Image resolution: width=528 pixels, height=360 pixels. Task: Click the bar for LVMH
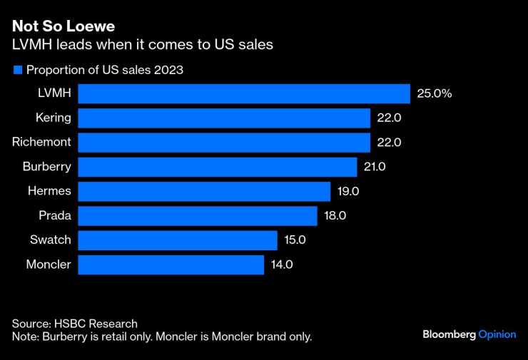[243, 93]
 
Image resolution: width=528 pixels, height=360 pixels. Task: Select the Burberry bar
[217, 167]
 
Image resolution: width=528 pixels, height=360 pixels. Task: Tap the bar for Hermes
[204, 191]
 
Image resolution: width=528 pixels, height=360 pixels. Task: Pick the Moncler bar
[171, 264]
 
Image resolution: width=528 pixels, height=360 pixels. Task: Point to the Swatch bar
[177, 240]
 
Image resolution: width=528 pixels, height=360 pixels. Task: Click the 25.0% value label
[435, 93]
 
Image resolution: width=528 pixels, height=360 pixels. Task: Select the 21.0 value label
[375, 167]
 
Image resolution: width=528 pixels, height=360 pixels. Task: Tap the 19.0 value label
[348, 191]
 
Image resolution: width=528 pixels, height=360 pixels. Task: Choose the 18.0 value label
[335, 215]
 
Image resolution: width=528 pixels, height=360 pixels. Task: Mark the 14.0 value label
[281, 264]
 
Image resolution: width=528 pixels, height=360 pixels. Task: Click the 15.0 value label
[295, 240]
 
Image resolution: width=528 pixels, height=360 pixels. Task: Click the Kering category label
[53, 118]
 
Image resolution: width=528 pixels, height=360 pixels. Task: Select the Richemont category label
[41, 142]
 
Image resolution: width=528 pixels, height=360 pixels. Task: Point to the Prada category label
[55, 215]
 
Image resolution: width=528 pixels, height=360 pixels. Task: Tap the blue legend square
[17, 70]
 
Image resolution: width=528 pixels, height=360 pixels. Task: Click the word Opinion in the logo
[497, 334]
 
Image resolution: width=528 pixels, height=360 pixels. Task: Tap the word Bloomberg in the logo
[449, 334]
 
